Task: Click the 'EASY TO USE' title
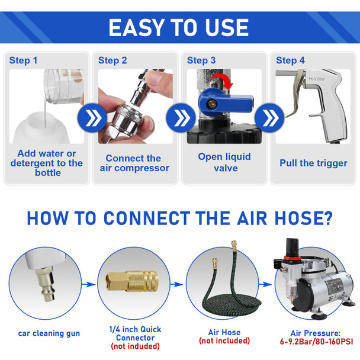pyautogui.click(x=178, y=27)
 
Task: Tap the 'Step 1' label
pyautogui.click(x=24, y=60)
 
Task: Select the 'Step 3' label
pyautogui.click(x=201, y=60)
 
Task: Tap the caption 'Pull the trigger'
pyautogui.click(x=313, y=162)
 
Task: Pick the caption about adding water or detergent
pyautogui.click(x=47, y=163)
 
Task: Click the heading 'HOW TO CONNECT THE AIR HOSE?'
pyautogui.click(x=179, y=217)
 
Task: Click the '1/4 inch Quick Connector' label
pyautogui.click(x=134, y=333)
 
